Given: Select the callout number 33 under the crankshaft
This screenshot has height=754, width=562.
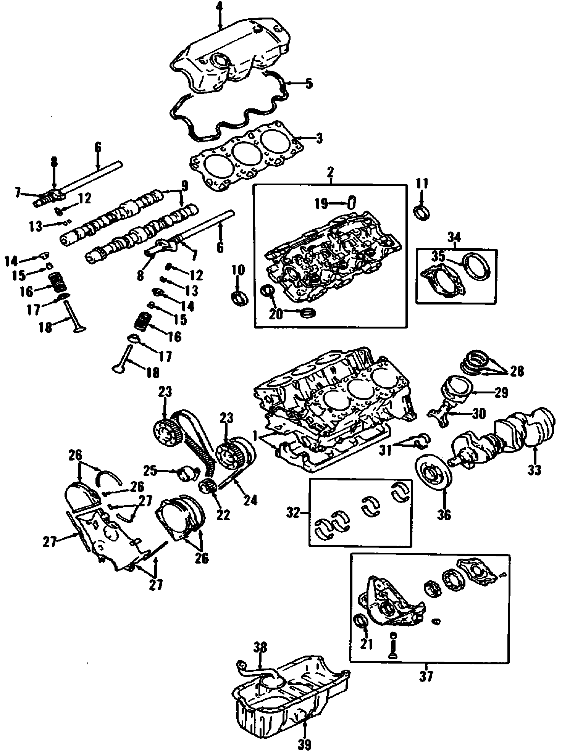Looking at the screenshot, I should coord(535,470).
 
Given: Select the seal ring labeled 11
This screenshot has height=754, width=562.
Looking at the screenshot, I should coord(421,212).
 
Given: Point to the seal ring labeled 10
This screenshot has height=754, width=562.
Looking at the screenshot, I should coord(240,298).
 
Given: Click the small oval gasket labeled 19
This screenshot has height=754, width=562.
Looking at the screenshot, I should coord(352,203).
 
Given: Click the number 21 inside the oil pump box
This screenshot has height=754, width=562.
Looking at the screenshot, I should coord(367,644).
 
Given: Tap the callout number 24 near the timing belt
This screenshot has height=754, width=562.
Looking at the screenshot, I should coord(250,499).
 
